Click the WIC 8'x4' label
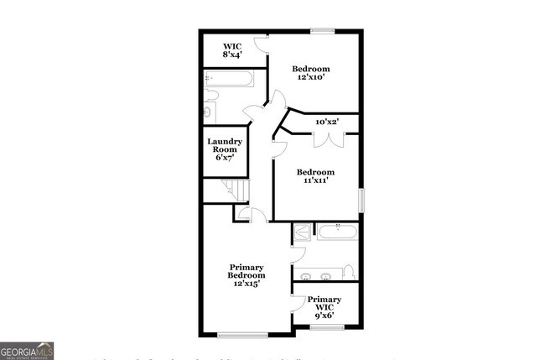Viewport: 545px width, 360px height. click(x=233, y=50)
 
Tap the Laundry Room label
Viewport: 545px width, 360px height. click(x=225, y=149)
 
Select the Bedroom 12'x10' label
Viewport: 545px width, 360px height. click(x=310, y=73)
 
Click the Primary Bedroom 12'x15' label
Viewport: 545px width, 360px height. click(x=247, y=276)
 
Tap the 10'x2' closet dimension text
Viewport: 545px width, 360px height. click(x=325, y=123)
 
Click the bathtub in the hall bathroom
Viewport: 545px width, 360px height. click(x=230, y=80)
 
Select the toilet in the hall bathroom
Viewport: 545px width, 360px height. click(x=209, y=110)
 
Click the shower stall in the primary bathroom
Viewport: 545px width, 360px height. click(x=302, y=232)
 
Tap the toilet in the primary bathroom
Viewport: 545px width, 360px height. click(x=349, y=272)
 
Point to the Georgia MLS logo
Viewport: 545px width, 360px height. click(x=27, y=350)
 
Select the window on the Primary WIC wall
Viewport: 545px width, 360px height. click(x=322, y=327)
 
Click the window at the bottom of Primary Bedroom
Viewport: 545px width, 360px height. click(x=242, y=335)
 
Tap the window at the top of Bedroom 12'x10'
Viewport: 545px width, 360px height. click(x=322, y=31)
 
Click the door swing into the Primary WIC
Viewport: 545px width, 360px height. click(x=297, y=302)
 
